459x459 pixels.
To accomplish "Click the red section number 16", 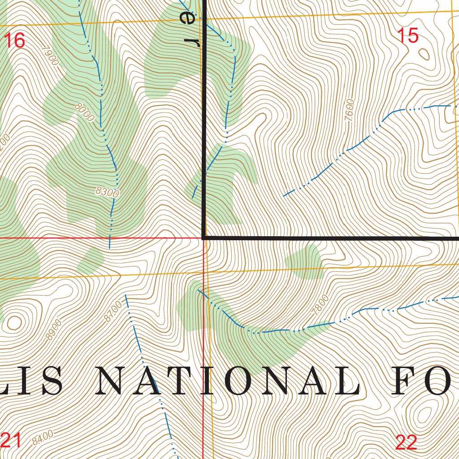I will (x=14, y=41).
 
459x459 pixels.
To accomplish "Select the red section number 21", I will (x=11, y=441).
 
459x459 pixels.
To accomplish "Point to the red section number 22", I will (x=407, y=442).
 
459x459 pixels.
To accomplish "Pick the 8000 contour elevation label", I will (x=85, y=113).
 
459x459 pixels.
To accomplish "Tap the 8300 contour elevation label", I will (x=108, y=193).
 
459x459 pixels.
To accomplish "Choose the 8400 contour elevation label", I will (x=43, y=437).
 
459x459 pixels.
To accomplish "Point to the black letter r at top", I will (x=194, y=42).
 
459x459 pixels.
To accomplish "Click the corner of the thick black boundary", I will (x=204, y=237).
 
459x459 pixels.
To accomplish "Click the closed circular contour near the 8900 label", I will (x=14, y=322).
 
